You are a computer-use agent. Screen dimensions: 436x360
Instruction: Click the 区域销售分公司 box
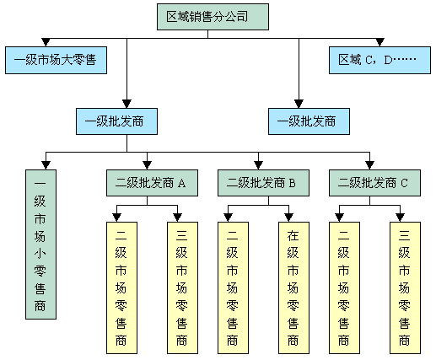tap(213, 17)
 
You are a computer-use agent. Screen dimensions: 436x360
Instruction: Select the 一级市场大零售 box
tap(56, 60)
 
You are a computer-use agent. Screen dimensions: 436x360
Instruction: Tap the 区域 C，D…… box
tap(379, 60)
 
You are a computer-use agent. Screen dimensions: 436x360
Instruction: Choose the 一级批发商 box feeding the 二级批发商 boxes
tap(116, 121)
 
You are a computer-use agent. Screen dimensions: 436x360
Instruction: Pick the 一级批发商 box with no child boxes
tap(309, 121)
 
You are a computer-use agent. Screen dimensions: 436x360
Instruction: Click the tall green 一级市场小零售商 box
tap(40, 244)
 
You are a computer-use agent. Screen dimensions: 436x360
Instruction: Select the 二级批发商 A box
tap(152, 183)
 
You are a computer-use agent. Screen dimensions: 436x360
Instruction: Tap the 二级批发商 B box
tap(263, 183)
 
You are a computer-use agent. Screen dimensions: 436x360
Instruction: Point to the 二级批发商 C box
tap(374, 183)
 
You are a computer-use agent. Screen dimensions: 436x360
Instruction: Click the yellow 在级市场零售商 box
tap(293, 287)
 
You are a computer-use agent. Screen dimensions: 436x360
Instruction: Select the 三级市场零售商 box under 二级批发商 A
tap(182, 287)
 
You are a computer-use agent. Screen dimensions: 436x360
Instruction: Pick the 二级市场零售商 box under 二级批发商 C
tap(344, 287)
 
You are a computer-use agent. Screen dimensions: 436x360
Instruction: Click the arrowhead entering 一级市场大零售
tap(46, 42)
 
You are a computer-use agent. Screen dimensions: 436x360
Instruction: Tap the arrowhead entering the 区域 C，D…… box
tap(379, 42)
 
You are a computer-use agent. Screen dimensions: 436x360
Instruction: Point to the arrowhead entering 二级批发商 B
tap(258, 165)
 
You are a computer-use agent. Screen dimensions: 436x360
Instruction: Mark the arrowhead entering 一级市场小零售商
tap(46, 165)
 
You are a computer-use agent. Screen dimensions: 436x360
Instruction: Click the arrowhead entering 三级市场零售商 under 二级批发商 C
tap(400, 218)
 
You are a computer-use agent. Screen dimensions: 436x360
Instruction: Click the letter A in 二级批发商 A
tap(182, 183)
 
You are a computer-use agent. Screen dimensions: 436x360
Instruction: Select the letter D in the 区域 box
tap(388, 60)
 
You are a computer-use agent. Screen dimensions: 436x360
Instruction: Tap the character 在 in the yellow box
tap(293, 235)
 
